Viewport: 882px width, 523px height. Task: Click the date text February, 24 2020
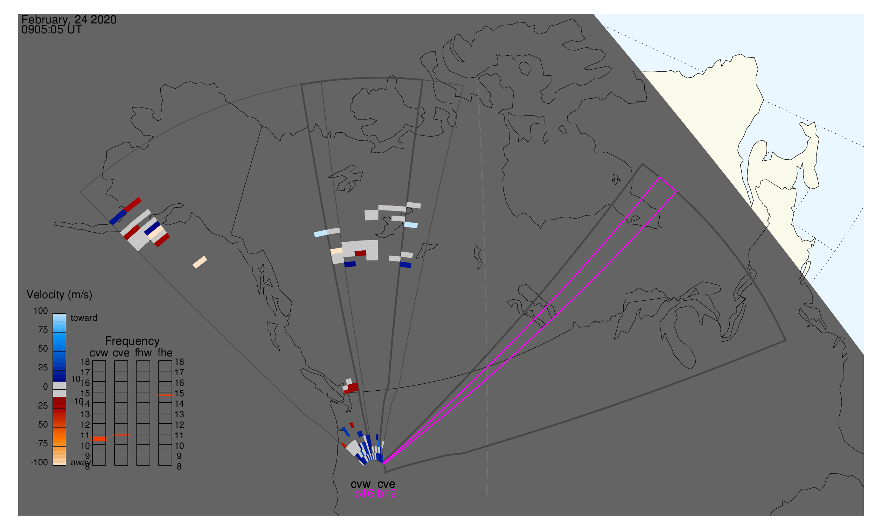(69, 20)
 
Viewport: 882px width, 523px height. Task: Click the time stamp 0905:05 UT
(51, 30)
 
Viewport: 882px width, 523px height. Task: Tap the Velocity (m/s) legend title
(59, 295)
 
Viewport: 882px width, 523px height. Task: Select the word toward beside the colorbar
(84, 318)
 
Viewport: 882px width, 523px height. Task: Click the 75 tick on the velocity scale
(43, 330)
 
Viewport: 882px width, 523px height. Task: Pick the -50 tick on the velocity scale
(42, 425)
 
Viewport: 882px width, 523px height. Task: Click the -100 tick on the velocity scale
(39, 462)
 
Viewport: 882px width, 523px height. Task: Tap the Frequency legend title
(132, 341)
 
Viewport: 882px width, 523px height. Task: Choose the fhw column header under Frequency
(143, 353)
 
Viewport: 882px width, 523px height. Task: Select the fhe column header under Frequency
(165, 353)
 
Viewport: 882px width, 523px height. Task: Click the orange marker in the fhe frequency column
(165, 396)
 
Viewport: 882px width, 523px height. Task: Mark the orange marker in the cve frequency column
(121, 435)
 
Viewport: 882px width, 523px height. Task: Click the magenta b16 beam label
(364, 494)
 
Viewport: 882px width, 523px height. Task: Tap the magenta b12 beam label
(387, 494)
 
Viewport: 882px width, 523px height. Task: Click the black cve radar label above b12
(386, 484)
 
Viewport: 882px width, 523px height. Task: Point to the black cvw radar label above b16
(361, 484)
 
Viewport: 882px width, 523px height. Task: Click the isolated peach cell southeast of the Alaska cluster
(200, 262)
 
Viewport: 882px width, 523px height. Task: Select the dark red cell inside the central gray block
(360, 253)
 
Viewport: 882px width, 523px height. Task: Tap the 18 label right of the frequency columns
(179, 362)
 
